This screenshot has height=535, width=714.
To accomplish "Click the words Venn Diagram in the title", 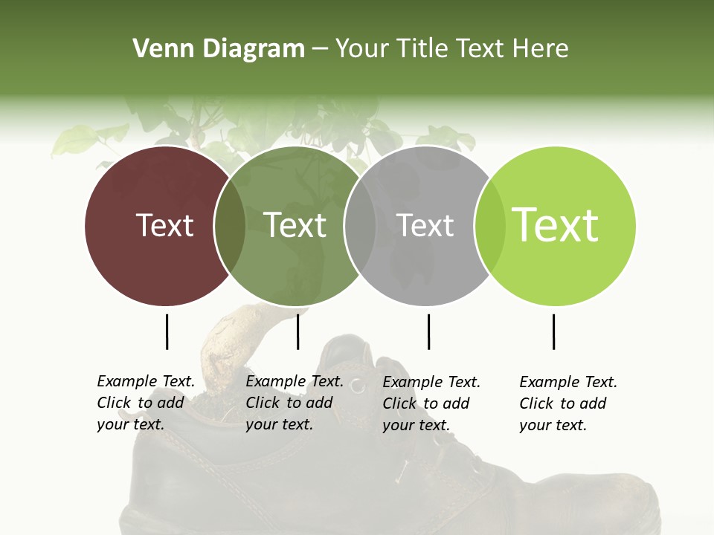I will point(219,49).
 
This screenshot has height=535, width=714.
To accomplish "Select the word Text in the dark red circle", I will point(165,225).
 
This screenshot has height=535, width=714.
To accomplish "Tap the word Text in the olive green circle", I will point(295,225).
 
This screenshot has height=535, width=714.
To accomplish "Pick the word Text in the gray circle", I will point(425,225).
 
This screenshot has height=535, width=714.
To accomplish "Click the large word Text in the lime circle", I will point(556,224).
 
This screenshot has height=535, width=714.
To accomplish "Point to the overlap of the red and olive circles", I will point(230,226).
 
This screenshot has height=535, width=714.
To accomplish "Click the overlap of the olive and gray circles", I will point(360,226).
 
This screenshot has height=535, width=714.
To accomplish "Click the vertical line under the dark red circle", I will point(167,331).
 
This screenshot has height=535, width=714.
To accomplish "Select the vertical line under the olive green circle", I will point(297,331).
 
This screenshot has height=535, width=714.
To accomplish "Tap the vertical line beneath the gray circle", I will point(428,331).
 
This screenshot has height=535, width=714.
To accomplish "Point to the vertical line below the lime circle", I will point(553,331).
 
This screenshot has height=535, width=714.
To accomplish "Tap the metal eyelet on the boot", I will point(358,385).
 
